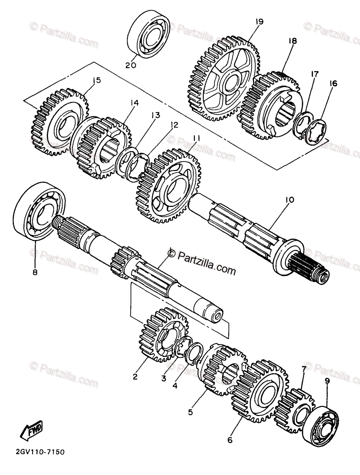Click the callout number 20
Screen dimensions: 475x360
(131, 65)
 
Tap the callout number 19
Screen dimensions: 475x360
(259, 22)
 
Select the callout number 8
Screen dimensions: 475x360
(35, 272)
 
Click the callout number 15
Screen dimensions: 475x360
(96, 81)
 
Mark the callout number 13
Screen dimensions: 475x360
(155, 115)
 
